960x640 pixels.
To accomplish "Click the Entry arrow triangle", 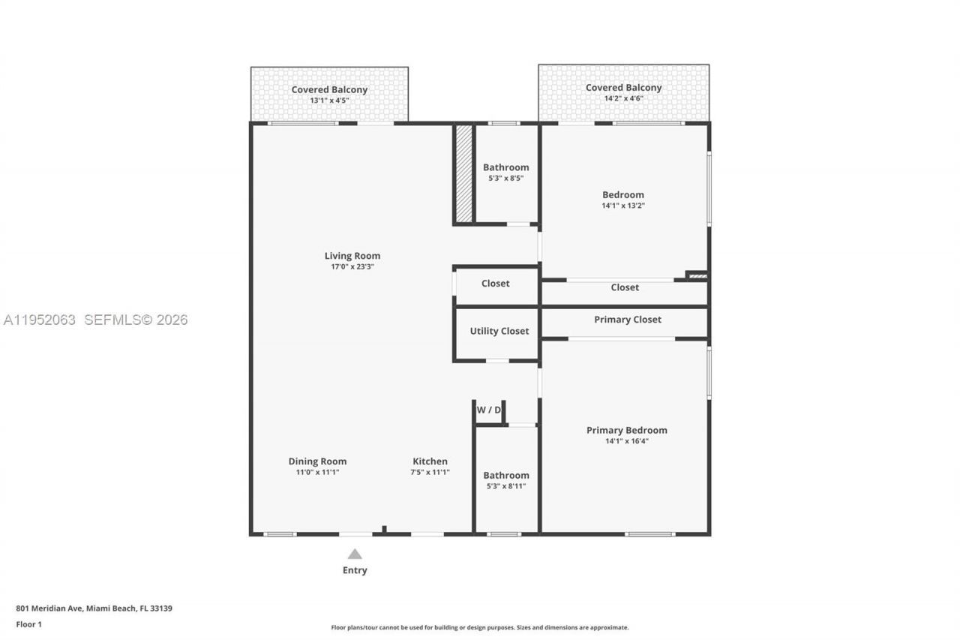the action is [355, 554].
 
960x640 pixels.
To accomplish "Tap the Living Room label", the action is [352, 256].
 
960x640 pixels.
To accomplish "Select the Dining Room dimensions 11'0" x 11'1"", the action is [317, 473].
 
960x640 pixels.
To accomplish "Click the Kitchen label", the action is [430, 461].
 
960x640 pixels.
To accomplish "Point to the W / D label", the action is [488, 410].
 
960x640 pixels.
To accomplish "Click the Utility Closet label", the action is [499, 331].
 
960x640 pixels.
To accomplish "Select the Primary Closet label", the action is [627, 320].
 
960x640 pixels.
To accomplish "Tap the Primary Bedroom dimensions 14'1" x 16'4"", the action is [626, 441].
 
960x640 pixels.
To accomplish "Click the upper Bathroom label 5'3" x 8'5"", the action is [505, 167].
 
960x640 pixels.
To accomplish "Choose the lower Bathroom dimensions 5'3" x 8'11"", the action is [505, 486].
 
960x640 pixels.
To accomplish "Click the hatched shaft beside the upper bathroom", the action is [464, 173].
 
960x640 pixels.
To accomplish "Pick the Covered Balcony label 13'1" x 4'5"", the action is [329, 90].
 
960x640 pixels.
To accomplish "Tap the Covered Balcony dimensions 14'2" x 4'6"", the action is [623, 98].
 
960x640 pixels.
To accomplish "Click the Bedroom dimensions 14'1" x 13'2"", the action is [622, 206].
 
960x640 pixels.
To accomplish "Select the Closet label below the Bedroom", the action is [624, 287].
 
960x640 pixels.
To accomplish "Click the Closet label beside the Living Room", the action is [495, 284].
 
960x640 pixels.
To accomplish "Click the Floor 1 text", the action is [28, 624].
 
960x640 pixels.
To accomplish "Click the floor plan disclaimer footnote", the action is [479, 627].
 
